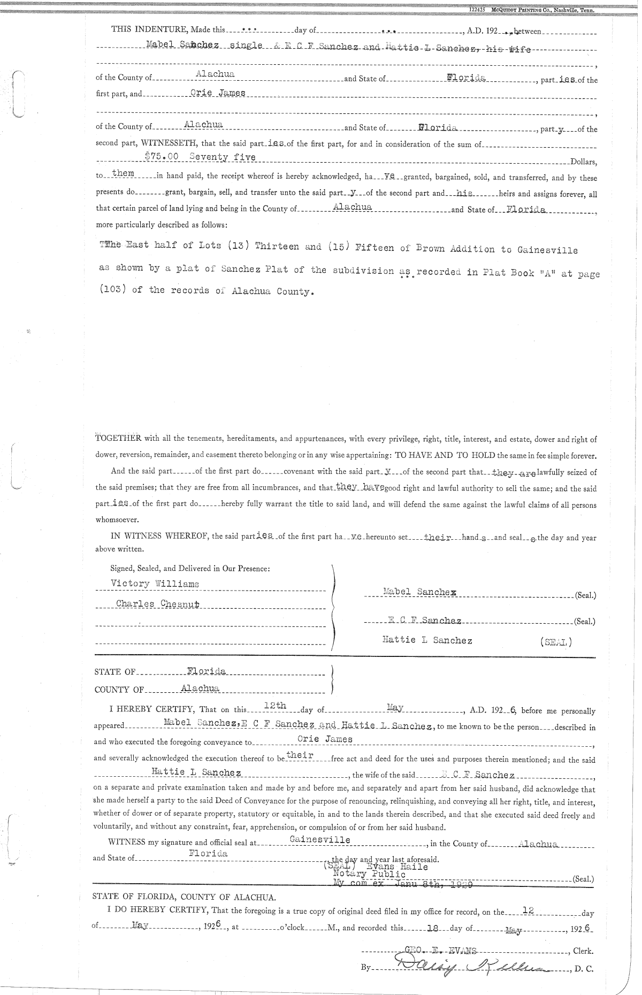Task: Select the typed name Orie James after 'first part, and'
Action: point(218,93)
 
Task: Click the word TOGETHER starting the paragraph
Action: point(118,439)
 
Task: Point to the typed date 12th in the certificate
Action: point(275,706)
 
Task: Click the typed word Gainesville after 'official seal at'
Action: point(320,839)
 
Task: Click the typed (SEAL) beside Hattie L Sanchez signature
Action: point(556,641)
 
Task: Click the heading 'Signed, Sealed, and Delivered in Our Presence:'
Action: point(190,568)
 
